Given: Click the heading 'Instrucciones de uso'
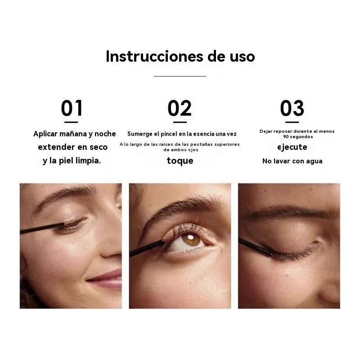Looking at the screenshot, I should point(180,56).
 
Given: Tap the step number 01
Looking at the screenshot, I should point(72,108).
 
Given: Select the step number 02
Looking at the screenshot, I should point(180,108).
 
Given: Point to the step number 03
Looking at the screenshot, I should point(292,108).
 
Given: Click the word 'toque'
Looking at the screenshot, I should point(180,161).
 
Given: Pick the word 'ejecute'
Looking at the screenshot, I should point(292,147).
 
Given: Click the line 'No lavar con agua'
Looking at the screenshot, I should point(292,161).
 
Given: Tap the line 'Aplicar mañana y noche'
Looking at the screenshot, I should point(74,134).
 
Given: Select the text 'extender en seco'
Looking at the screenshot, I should point(72,147).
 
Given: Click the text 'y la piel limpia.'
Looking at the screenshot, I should point(72,161).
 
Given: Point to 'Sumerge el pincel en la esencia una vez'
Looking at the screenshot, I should point(181,134).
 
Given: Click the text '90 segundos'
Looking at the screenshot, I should point(298,137).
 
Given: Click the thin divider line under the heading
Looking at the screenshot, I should point(180,76).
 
